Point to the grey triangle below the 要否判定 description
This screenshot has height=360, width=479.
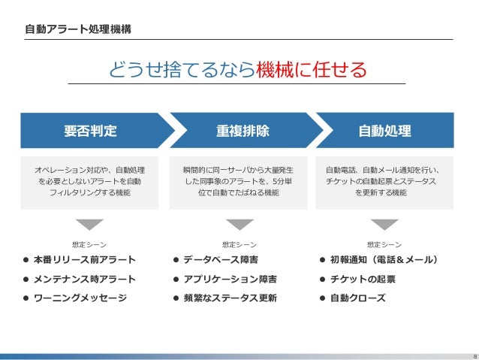tap(89, 224)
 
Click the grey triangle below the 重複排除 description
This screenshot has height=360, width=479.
tap(239, 224)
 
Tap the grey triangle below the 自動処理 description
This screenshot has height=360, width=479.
tap(384, 224)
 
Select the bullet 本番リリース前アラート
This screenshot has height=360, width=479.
tap(84, 260)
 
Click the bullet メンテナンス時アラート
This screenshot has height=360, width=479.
tap(84, 279)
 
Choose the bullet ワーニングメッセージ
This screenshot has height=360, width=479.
tap(80, 298)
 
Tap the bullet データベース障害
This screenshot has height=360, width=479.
tap(221, 260)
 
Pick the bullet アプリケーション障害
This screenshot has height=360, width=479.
tap(230, 279)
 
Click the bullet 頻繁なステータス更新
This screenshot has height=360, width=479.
tap(230, 298)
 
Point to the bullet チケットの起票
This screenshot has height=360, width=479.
tap(363, 279)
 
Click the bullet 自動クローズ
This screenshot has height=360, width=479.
tap(357, 298)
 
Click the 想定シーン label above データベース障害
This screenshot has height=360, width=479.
tap(239, 244)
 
